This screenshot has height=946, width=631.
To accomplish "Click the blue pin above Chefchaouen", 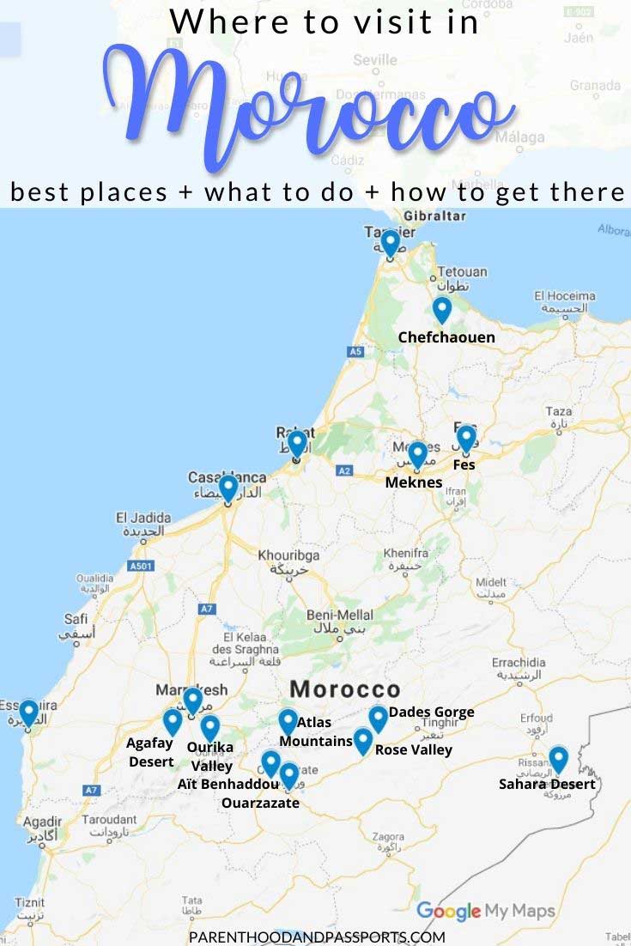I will point(441,309).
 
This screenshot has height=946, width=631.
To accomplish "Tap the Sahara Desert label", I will point(547,784).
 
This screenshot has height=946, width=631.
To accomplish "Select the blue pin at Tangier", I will point(390,243).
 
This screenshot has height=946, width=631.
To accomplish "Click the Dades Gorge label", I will point(431,712).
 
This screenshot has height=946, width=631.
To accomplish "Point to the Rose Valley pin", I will point(363,740).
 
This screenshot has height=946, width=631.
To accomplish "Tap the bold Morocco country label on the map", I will point(345,689).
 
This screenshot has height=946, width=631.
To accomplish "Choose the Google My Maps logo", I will point(485,911).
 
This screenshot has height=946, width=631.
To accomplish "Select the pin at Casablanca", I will point(228,488).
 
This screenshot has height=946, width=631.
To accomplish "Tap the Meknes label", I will point(414,482).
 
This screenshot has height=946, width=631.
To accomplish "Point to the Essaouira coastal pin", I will point(28,713).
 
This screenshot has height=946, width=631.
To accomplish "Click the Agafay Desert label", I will point(150,752).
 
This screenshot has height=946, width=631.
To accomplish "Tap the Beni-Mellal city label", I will point(341,615).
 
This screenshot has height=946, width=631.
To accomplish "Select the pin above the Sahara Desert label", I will point(558,759).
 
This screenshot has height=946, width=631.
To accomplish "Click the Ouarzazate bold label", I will point(260,803).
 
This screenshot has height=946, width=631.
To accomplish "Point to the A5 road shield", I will point(355,351).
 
